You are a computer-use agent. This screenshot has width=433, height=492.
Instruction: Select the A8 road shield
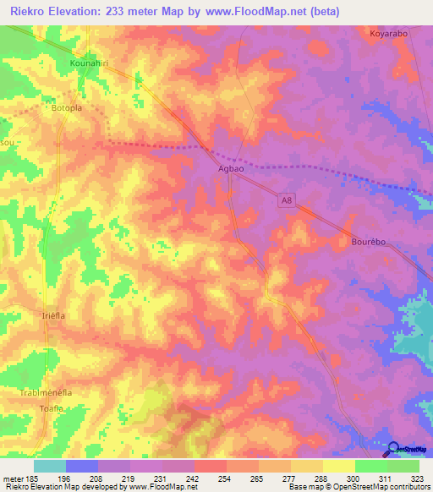pyautogui.click(x=287, y=200)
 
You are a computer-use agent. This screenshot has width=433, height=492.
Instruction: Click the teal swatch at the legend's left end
pyautogui.click(x=49, y=466)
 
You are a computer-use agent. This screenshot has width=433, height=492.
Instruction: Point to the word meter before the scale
pyautogui.click(x=14, y=478)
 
